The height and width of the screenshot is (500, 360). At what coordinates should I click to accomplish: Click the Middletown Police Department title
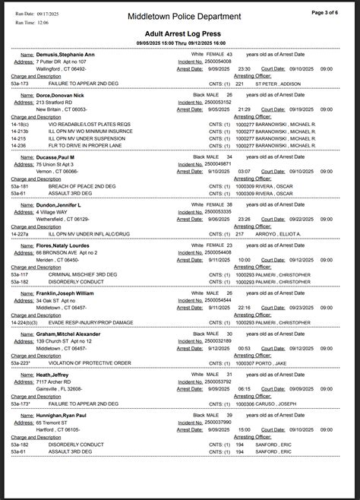[x=184, y=16]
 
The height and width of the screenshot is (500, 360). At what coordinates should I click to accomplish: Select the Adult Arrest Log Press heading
[x=185, y=34]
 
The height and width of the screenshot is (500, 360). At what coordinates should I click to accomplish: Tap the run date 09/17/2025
[x=48, y=13]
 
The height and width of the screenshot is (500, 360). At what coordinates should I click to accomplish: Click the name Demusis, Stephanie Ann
[x=66, y=55]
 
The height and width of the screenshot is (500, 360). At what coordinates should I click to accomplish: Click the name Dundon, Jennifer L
[x=64, y=204]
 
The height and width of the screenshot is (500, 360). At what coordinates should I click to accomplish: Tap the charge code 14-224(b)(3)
[x=27, y=322]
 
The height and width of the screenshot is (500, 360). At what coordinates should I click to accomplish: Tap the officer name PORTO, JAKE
[x=271, y=364]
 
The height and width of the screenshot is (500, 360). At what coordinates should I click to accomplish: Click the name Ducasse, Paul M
[x=60, y=157]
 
